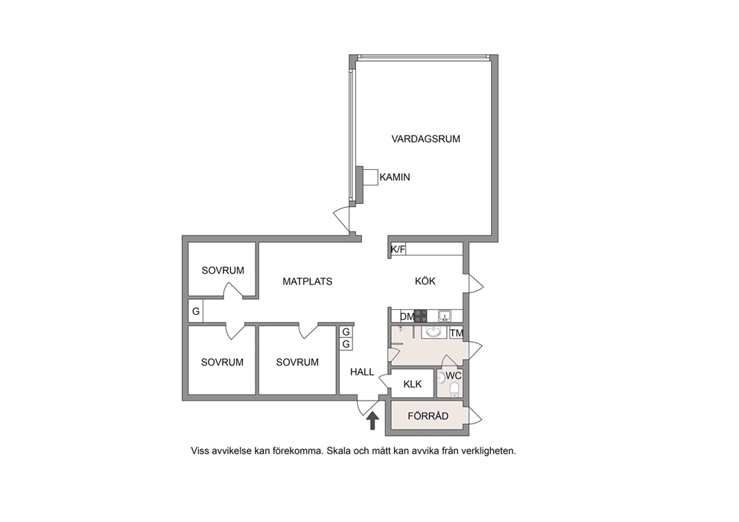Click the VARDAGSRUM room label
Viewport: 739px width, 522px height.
[x=425, y=139]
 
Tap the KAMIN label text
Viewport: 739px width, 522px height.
[x=395, y=177]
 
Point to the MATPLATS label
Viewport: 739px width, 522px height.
[x=307, y=281]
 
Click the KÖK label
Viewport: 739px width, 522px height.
[x=425, y=281]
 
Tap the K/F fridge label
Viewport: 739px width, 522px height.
[x=399, y=249]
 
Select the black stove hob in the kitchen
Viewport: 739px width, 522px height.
[x=420, y=316]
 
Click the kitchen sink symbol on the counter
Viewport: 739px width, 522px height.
[x=444, y=316]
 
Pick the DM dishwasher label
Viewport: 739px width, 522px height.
[x=407, y=316]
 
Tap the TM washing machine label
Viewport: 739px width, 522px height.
[x=456, y=334]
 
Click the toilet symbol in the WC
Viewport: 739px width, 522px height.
[x=454, y=390]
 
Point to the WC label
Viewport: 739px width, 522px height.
[x=454, y=376]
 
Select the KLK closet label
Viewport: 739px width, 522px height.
[x=413, y=384]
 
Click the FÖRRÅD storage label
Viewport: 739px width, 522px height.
[x=428, y=416]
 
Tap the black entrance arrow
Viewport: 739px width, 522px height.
[x=372, y=421]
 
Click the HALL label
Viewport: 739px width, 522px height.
[x=362, y=372]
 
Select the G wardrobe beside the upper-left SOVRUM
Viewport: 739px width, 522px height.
[x=196, y=311]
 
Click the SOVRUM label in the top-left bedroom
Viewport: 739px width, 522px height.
[x=223, y=271]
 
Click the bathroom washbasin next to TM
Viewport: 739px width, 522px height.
[x=434, y=331]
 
